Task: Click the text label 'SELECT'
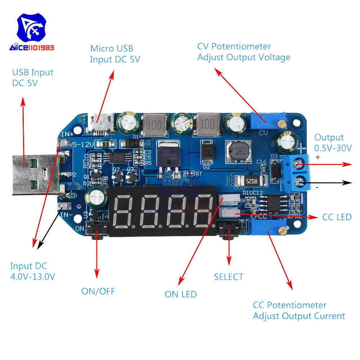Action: pyautogui.click(x=229, y=277)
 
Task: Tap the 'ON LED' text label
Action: pyautogui.click(x=181, y=294)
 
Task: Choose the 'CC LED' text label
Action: pyautogui.click(x=337, y=217)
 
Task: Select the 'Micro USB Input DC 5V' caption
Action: pyautogui.click(x=114, y=54)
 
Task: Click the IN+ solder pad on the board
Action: pyautogui.click(x=64, y=143)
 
